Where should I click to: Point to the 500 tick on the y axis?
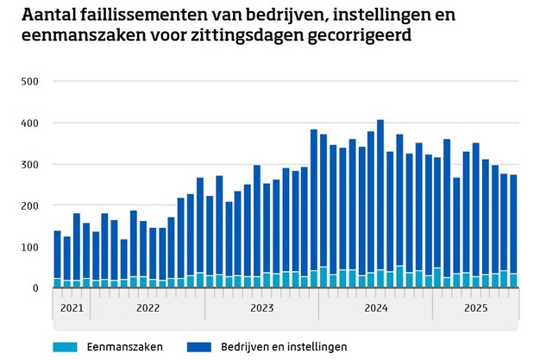tap(31, 82)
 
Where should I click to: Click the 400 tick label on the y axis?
tap(31, 123)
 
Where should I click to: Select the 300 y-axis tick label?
tap(31, 165)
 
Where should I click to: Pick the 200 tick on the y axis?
tap(31, 206)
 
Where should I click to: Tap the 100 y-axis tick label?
tap(31, 248)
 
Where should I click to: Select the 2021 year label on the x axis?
tap(72, 307)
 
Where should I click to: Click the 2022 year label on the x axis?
tap(148, 307)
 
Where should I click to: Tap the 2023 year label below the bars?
tap(261, 307)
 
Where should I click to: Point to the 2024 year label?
tap(376, 307)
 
